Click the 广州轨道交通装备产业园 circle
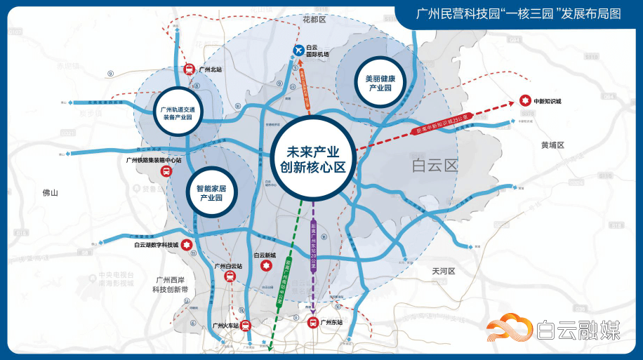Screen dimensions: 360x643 tap(178, 113)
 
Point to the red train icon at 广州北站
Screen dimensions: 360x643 tap(189, 70)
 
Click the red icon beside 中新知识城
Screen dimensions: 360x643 tap(524, 101)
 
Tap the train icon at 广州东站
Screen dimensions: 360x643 tap(313, 323)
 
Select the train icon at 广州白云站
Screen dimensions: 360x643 tap(230, 276)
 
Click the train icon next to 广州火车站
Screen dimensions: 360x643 tap(245, 326)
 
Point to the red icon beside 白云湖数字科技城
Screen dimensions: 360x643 tap(187, 244)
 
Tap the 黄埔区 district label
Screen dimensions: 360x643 tap(552, 145)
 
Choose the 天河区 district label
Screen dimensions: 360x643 tap(444, 271)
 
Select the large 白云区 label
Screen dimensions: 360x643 tap(435, 166)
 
